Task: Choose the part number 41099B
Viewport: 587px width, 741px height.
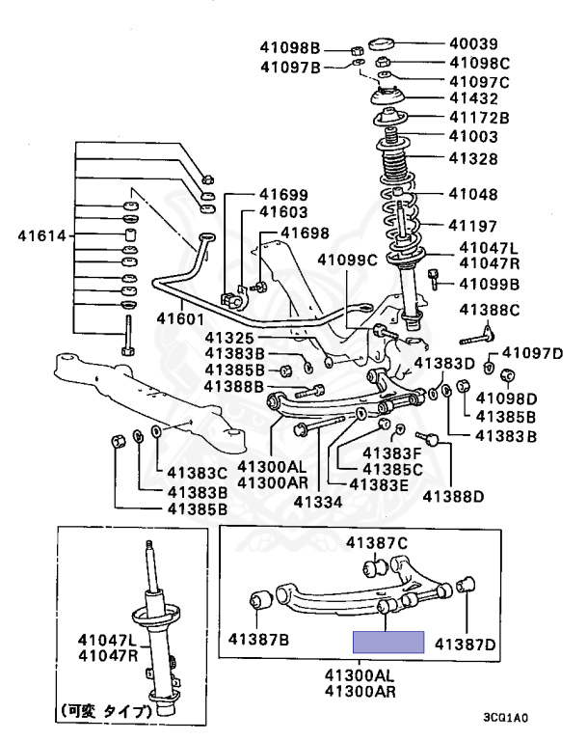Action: [489, 284]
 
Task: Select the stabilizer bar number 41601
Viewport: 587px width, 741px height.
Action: [183, 317]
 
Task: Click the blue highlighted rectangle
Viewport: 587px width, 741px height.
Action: [388, 643]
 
